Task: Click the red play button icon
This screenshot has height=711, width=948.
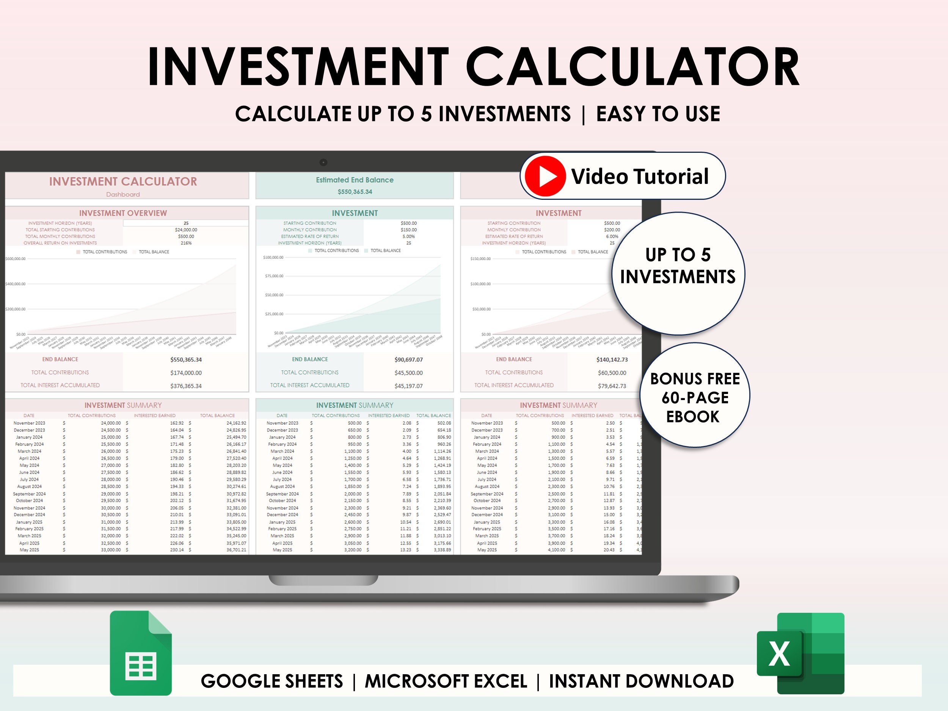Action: (545, 176)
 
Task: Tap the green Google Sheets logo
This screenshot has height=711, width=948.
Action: (141, 652)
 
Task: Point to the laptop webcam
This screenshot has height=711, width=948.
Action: (323, 162)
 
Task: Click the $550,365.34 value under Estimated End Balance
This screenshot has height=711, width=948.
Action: (355, 191)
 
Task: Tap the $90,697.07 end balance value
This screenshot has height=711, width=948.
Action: (408, 359)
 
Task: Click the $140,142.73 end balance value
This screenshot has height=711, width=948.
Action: (612, 359)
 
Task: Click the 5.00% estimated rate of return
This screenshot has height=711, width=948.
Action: (408, 236)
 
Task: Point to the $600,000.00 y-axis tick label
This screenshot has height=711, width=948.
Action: (16, 259)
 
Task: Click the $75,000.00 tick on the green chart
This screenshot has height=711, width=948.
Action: (274, 276)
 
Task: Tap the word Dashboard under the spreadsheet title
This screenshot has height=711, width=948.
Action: (123, 195)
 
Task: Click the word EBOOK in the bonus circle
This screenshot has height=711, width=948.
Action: (692, 417)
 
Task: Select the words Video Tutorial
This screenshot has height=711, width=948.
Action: (640, 176)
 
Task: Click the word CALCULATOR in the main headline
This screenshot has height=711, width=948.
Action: (633, 67)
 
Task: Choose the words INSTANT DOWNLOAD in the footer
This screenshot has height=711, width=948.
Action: (641, 681)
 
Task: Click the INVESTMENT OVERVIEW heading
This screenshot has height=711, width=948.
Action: (123, 213)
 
